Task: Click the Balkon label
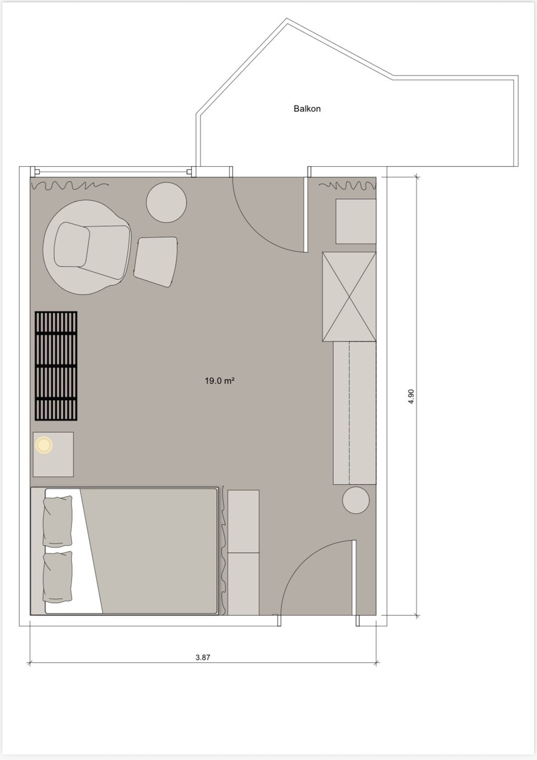pyautogui.click(x=307, y=108)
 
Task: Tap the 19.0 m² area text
pyautogui.click(x=220, y=381)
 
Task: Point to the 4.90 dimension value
pyautogui.click(x=411, y=396)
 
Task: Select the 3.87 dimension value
pyautogui.click(x=203, y=657)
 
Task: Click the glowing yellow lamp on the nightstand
pyautogui.click(x=44, y=445)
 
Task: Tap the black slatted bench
pyautogui.click(x=56, y=366)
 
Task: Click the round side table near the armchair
pyautogui.click(x=166, y=202)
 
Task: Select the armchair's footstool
pyautogui.click(x=156, y=262)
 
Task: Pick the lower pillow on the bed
pyautogui.click(x=58, y=577)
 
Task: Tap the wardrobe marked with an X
pyautogui.click(x=350, y=296)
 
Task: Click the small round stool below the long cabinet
pyautogui.click(x=356, y=500)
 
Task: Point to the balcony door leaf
pyautogui.click(x=305, y=214)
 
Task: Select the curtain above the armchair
pyautogui.click(x=70, y=185)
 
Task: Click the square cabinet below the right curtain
pyautogui.click(x=356, y=221)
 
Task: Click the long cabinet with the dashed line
pyautogui.click(x=355, y=413)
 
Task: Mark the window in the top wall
pyautogui.click(x=113, y=172)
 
